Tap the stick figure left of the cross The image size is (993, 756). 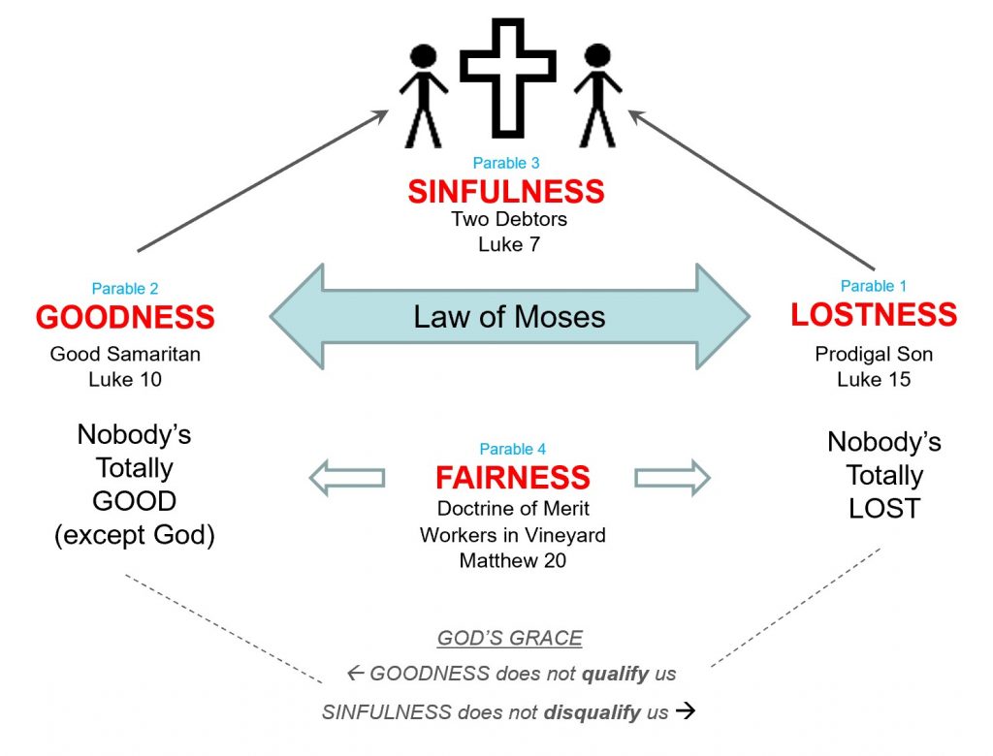[x=423, y=95]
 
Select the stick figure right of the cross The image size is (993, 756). [x=597, y=95]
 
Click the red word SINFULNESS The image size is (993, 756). [x=506, y=191]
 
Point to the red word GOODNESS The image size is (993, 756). [x=125, y=317]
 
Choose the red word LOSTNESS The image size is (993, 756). [x=874, y=314]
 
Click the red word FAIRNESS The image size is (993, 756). [x=513, y=478]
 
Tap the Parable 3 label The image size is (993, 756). [x=506, y=163]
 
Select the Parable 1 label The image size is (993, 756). [x=874, y=286]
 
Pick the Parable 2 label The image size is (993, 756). [x=125, y=288]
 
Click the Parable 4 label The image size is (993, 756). [x=513, y=449]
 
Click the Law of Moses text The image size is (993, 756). [x=510, y=316]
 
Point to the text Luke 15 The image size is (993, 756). [x=874, y=379]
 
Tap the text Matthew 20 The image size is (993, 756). [x=513, y=560]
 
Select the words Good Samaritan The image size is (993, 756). [x=125, y=354]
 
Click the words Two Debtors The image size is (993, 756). [x=509, y=219]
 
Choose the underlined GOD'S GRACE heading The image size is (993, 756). [x=510, y=638]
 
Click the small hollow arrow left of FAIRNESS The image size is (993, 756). [x=346, y=477]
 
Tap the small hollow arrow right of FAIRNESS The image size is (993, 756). [x=672, y=477]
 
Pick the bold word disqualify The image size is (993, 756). [x=590, y=712]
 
